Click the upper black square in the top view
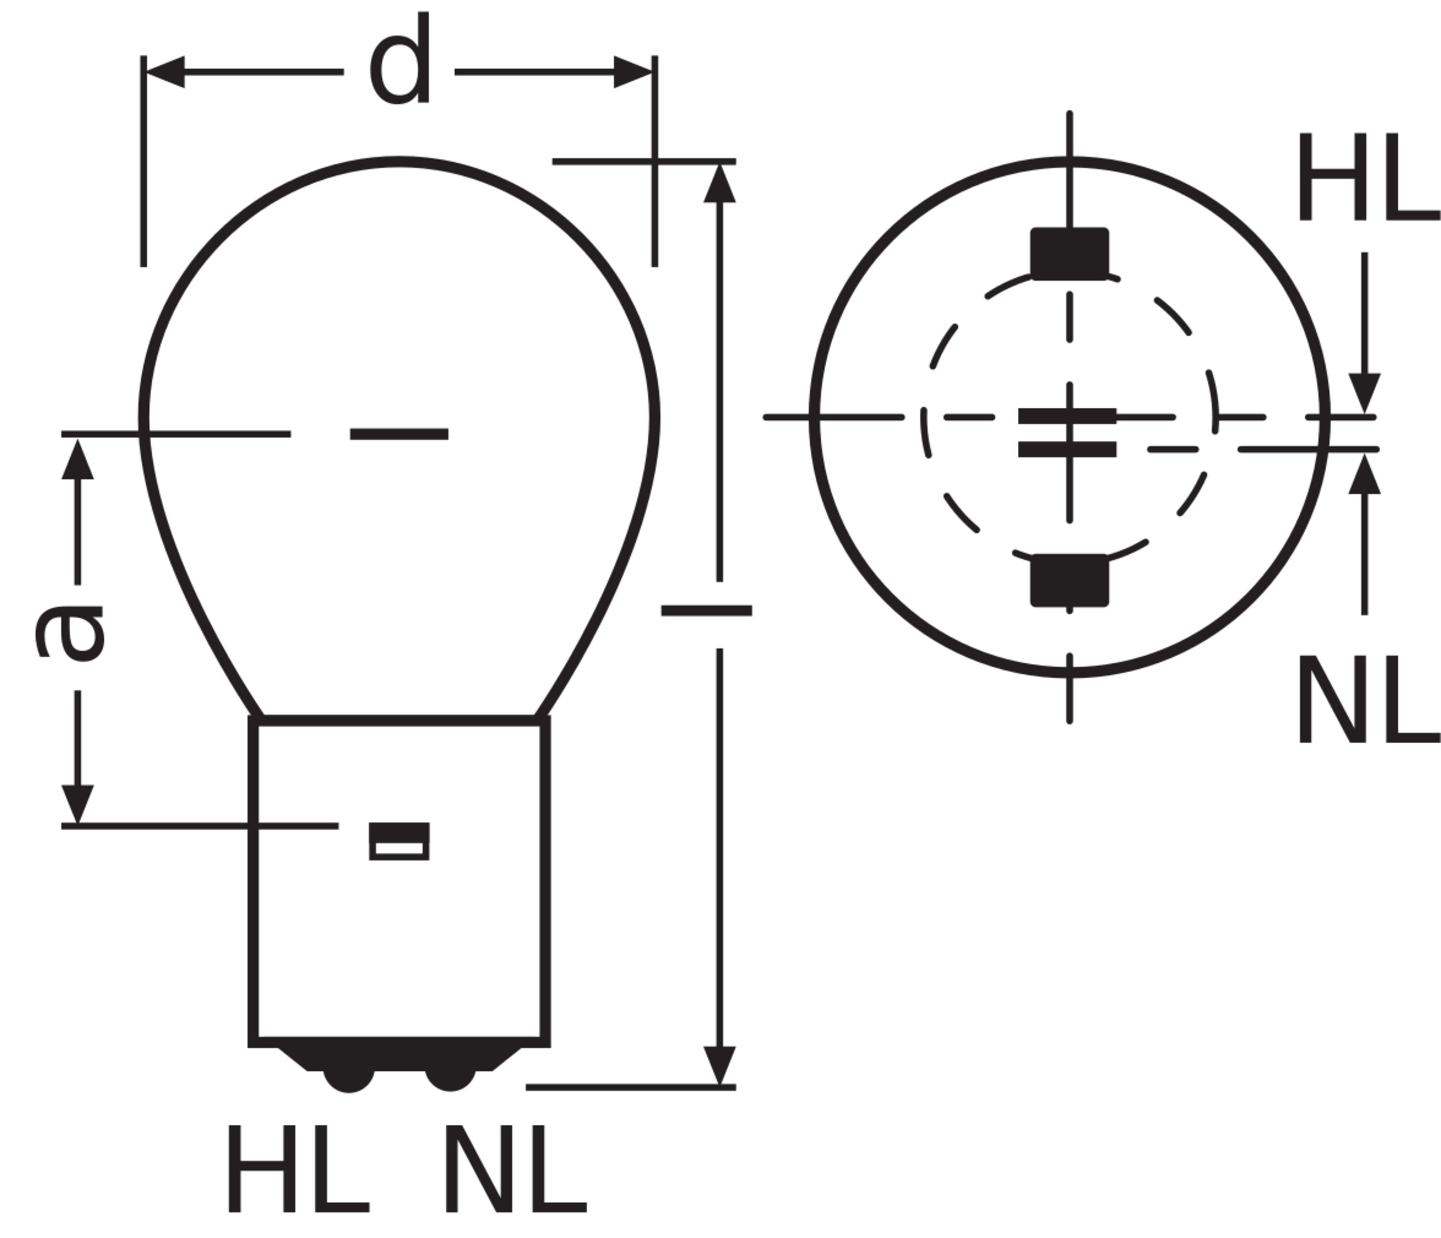coord(1070,254)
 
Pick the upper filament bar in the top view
coord(1067,416)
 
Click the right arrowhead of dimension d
coord(633,72)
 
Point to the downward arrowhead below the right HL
coord(1365,393)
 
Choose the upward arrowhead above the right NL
coord(1365,473)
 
